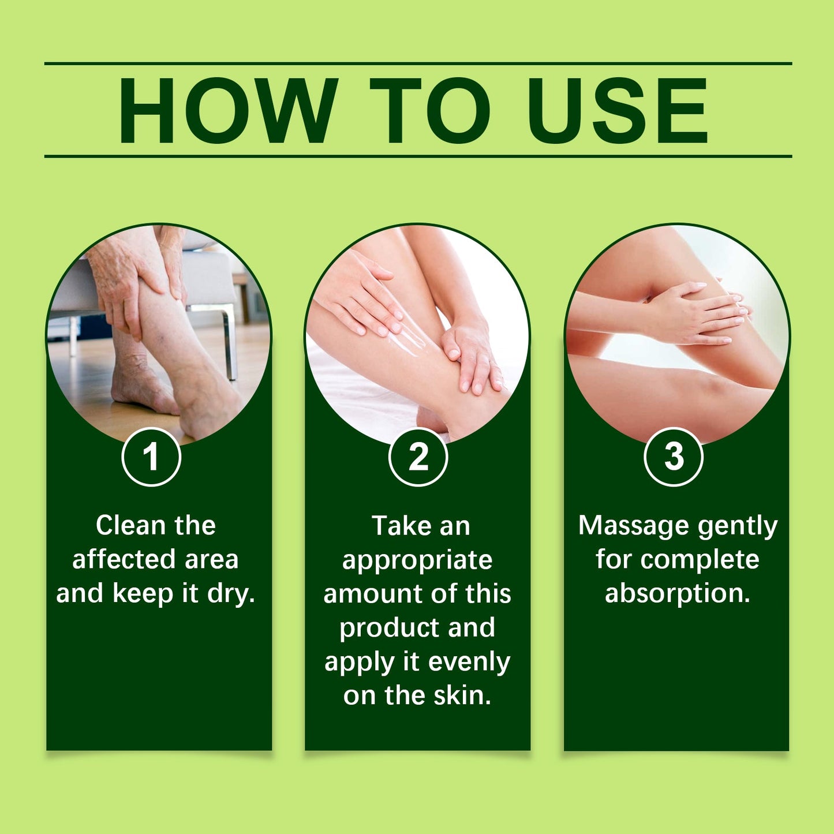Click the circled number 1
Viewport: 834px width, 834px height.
[151, 457]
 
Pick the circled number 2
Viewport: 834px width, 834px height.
[418, 457]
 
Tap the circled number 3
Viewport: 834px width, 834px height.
[673, 457]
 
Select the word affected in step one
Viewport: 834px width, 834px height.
[124, 559]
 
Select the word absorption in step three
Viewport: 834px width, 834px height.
[678, 594]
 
